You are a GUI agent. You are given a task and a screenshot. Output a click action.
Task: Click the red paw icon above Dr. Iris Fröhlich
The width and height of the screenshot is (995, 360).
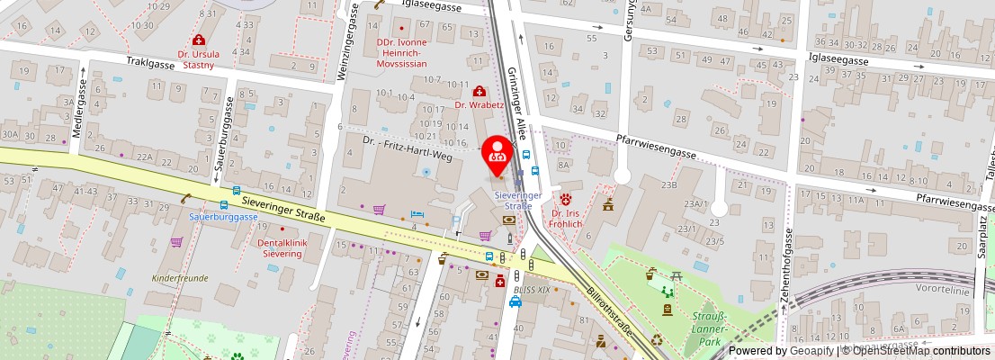coord(566,198)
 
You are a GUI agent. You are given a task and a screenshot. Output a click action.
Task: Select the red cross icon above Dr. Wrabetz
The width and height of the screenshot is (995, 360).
coord(480,91)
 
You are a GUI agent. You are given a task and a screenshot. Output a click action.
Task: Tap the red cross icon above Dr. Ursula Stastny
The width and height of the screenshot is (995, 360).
coord(197,40)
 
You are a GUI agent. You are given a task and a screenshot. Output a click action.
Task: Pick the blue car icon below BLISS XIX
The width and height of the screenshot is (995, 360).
coord(515,301)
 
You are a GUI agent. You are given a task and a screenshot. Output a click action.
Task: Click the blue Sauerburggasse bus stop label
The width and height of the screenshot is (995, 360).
coord(223,217)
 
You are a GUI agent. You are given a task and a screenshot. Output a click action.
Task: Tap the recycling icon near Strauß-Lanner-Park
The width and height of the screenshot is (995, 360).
coord(657,339)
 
